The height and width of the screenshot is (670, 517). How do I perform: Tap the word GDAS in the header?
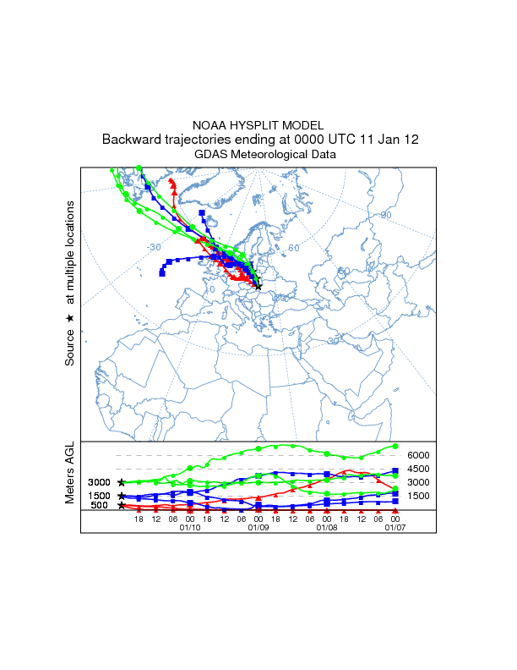pos(210,154)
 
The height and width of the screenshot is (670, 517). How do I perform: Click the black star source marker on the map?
pos(258,287)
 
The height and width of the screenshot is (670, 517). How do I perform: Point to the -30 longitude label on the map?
pos(153,247)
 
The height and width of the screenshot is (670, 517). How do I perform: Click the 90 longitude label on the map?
pos(386,215)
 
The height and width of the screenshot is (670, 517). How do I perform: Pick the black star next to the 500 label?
pos(122,505)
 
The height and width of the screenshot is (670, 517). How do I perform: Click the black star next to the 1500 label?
pos(122,496)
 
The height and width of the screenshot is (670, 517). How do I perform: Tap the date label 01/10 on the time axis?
pos(190,527)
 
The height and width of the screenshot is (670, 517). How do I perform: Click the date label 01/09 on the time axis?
pos(258,527)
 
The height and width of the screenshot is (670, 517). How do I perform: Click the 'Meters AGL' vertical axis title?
pos(70,473)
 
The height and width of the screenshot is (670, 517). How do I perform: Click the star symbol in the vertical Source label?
pos(70,318)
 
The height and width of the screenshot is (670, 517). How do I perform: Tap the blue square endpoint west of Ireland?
pos(161,273)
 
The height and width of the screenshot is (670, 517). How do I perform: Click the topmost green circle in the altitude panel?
pos(395,446)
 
